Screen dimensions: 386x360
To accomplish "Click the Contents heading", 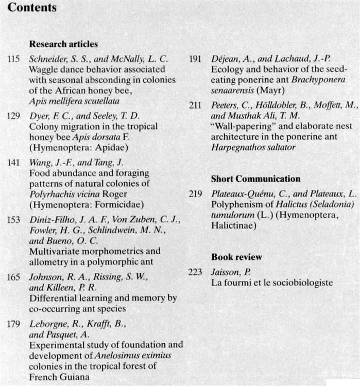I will click(32, 8).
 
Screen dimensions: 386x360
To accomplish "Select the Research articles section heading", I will click(63, 44).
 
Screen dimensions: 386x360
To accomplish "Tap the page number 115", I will click(14, 59).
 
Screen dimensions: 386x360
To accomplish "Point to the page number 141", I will click(14, 163).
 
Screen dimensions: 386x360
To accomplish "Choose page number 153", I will click(14, 220).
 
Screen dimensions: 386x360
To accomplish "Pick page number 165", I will click(14, 277).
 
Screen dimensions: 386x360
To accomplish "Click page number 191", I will click(195, 59).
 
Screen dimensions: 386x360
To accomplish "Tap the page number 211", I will click(195, 105).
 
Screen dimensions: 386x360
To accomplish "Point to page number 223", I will click(195, 272).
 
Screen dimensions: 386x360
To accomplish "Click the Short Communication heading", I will click(255, 179).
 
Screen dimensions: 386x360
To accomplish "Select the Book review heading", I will click(236, 257).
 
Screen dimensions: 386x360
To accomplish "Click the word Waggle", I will click(44, 69).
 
